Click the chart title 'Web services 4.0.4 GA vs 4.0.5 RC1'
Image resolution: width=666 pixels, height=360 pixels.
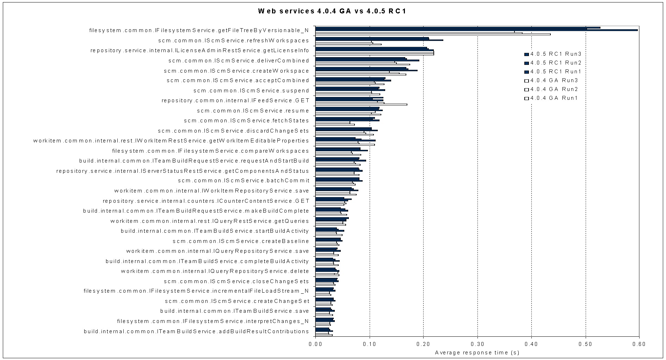tap(332, 11)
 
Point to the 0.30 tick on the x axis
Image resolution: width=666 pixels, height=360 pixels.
tap(477, 344)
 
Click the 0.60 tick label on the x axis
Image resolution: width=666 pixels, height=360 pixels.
tap(639, 344)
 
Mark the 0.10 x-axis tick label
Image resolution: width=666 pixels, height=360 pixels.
tap(369, 344)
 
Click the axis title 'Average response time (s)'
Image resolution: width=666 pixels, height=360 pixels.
tap(477, 353)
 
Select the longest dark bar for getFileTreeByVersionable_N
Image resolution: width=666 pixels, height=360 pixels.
tap(476, 30)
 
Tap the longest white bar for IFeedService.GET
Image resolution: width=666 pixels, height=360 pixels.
tap(361, 104)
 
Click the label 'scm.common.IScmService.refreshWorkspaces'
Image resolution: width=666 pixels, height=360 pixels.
tap(234, 41)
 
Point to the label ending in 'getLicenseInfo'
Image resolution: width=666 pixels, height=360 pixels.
tap(200, 50)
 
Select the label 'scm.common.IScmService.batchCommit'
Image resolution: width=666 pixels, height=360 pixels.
tap(243, 181)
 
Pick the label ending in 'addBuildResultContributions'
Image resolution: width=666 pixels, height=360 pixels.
tap(196, 331)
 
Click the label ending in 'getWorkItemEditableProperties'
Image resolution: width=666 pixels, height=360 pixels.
tap(171, 141)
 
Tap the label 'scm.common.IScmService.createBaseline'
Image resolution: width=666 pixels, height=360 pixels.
tap(241, 241)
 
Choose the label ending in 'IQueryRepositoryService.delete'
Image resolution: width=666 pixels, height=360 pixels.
tap(215, 271)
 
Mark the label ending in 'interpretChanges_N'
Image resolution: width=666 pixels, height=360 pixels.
tap(213, 321)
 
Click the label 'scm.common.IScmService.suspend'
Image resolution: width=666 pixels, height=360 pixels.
tap(251, 91)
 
